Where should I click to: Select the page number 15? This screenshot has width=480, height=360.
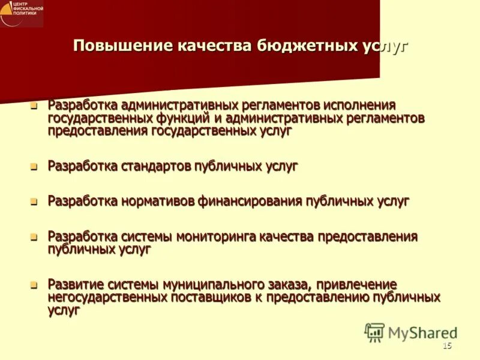click(x=446, y=346)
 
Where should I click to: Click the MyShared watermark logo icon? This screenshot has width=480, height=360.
click(x=374, y=332)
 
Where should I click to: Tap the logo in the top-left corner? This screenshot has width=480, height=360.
click(x=22, y=13)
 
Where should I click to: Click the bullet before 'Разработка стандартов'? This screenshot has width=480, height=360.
click(x=34, y=167)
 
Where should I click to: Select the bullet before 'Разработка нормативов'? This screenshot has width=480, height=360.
click(x=34, y=202)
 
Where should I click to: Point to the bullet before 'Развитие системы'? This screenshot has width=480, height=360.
click(x=34, y=284)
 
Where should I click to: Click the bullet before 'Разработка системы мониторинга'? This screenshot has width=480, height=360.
click(x=34, y=236)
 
